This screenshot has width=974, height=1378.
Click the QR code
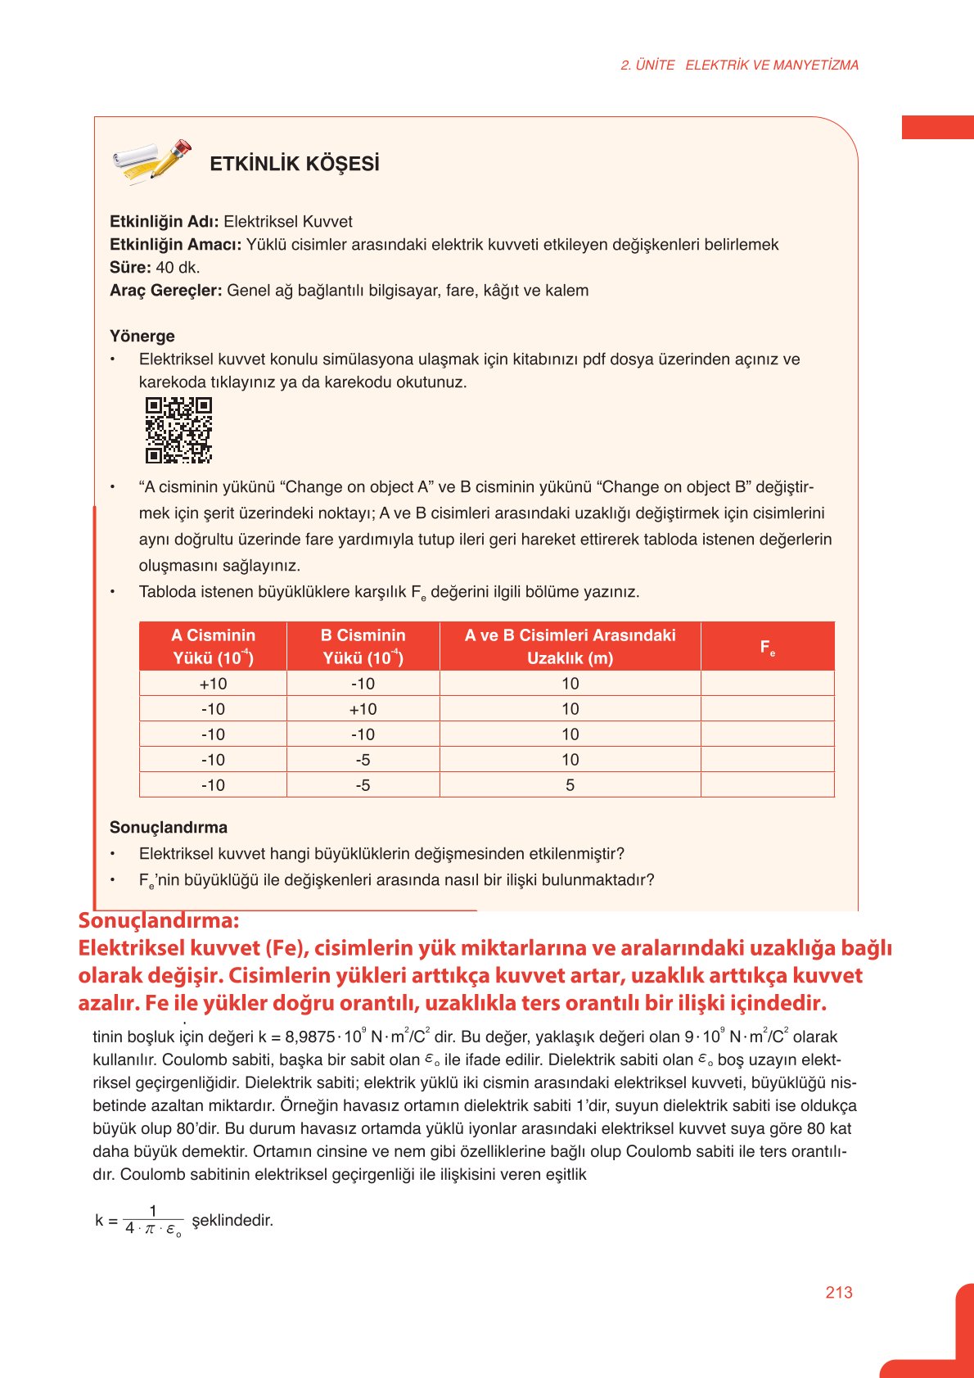(178, 430)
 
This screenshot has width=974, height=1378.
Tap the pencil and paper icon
(151, 161)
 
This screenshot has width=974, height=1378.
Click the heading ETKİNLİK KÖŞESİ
(295, 164)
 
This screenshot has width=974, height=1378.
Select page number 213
(839, 1292)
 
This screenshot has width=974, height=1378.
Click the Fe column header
(767, 647)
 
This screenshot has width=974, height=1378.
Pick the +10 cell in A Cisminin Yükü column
(213, 684)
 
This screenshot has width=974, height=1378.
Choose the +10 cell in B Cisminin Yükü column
(363, 709)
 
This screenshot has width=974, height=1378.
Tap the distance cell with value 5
(570, 785)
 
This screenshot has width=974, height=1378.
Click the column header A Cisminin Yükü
(213, 646)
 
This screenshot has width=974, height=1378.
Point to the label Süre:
(130, 268)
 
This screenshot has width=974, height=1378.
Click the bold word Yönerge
(142, 337)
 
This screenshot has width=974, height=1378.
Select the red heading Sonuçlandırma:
(159, 920)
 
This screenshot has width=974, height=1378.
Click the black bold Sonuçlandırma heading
(169, 828)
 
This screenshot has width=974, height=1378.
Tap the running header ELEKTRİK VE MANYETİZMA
(771, 66)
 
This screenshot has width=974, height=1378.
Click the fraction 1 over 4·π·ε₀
(153, 1220)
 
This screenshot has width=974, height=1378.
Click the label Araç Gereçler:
(165, 291)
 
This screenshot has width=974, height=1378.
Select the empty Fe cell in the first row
(767, 684)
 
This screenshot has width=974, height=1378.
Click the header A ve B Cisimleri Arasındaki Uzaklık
(570, 646)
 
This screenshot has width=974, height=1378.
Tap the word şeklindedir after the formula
(232, 1220)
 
